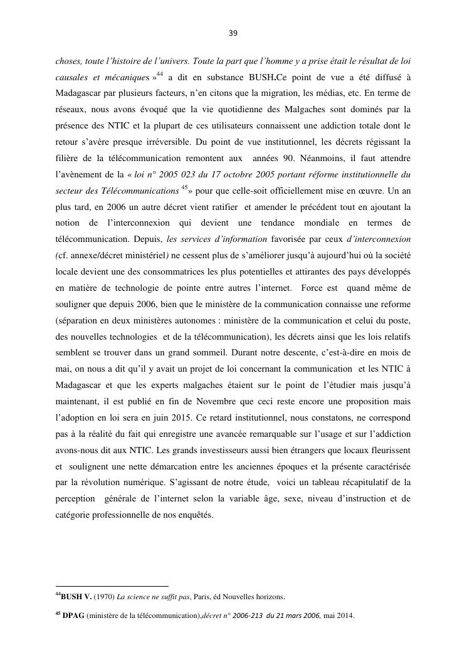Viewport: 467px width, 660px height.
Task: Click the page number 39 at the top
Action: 233,33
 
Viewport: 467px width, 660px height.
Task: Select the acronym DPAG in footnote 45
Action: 74,615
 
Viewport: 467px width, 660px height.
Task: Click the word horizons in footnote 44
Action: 269,597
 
